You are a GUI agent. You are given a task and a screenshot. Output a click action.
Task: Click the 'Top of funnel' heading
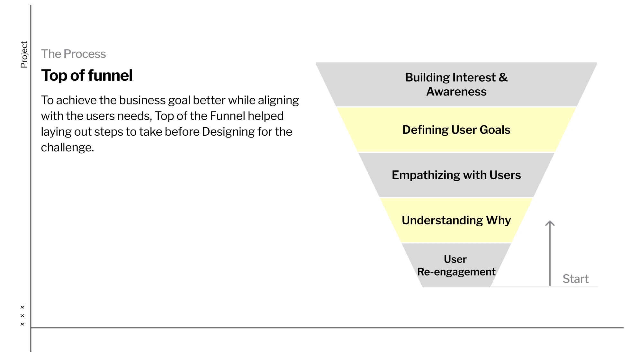[x=87, y=76]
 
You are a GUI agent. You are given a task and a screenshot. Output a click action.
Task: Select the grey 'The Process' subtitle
[x=73, y=54]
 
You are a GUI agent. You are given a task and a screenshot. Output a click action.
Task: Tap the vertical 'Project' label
[x=24, y=54]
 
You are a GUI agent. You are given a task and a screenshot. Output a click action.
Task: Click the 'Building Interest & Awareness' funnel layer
[x=456, y=84]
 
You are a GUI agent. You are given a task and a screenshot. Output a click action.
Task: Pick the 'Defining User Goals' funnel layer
[x=456, y=130]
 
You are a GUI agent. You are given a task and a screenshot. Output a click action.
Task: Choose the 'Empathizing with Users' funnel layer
[x=456, y=175]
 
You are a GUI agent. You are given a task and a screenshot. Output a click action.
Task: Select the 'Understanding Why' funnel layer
[x=456, y=220]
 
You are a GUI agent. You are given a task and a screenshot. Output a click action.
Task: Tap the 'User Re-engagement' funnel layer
[x=456, y=265]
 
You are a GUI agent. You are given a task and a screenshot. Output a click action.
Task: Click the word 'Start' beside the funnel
[x=575, y=279]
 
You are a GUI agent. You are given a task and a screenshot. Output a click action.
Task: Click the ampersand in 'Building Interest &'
[x=503, y=77]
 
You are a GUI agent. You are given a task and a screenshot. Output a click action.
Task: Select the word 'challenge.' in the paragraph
[x=67, y=148]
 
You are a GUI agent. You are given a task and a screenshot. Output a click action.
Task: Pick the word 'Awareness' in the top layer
[x=456, y=92]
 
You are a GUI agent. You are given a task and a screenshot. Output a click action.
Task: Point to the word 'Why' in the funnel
[x=498, y=221]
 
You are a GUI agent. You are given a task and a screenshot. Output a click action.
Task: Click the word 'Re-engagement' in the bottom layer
[x=456, y=272]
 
